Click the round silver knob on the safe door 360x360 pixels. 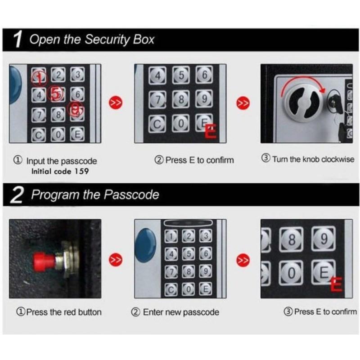click(304, 102)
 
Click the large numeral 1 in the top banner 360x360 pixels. click(18, 40)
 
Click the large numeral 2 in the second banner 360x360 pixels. click(17, 195)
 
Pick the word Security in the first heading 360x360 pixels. click(107, 40)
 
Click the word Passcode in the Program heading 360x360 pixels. click(131, 195)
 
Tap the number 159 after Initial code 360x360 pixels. click(82, 171)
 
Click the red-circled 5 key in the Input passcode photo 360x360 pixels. click(55, 94)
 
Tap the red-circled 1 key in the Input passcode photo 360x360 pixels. click(39, 77)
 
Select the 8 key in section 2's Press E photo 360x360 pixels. click(291, 240)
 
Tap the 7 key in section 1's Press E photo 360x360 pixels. click(157, 99)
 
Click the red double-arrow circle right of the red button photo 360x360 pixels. click(116, 260)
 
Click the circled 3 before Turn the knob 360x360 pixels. click(266, 158)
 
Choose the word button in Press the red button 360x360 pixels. click(90, 312)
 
